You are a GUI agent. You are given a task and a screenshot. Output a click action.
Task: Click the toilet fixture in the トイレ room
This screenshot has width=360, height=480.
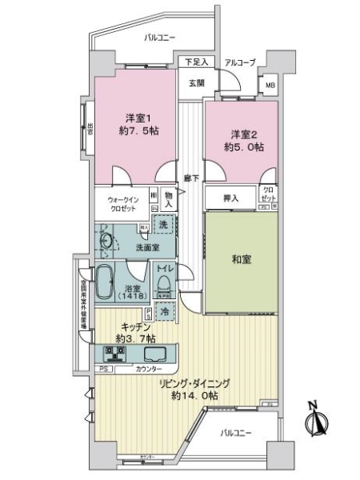[164, 283]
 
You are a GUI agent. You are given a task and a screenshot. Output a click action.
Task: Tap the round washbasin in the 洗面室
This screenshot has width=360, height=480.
[107, 239]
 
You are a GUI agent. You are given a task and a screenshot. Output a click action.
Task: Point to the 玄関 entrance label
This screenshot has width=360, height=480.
[197, 82]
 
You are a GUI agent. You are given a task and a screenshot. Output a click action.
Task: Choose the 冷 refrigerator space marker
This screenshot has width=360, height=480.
[163, 313]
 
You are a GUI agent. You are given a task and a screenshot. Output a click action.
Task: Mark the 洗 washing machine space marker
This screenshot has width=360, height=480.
[164, 226]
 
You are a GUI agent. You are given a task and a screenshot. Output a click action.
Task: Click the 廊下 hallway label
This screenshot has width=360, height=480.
[190, 178]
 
